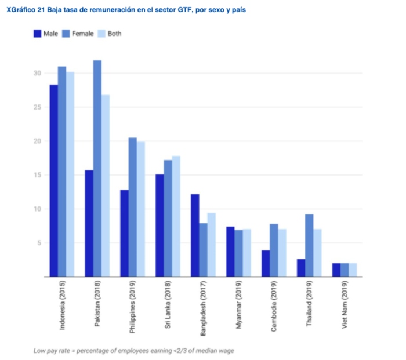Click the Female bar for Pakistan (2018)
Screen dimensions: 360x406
(x=97, y=168)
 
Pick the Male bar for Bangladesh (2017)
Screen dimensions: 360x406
(x=195, y=235)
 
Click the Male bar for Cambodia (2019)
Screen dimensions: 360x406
(x=266, y=264)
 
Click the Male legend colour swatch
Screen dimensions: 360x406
(x=37, y=34)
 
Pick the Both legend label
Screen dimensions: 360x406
(x=114, y=34)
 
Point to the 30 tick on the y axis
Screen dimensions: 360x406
(x=37, y=74)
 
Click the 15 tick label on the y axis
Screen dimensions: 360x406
(x=37, y=176)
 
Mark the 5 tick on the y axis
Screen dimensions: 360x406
(x=38, y=243)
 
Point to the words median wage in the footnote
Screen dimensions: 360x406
(x=217, y=351)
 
